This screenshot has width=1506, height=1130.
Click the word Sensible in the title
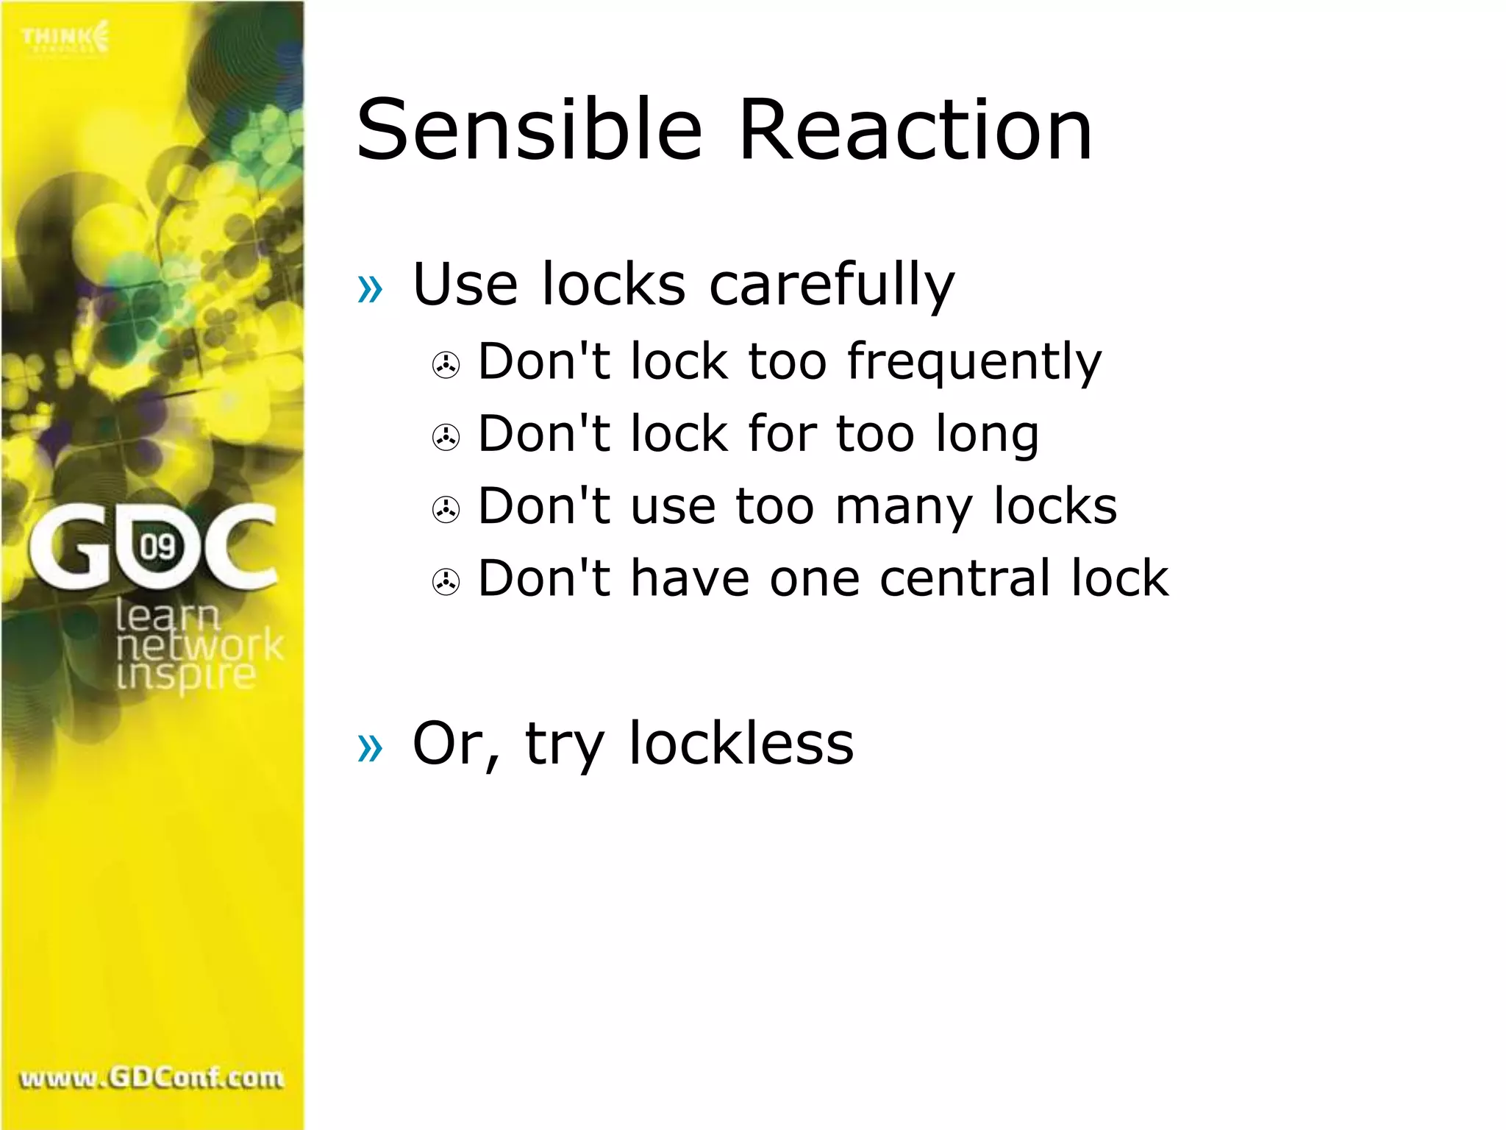coord(529,130)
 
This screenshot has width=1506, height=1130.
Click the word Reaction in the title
coord(915,130)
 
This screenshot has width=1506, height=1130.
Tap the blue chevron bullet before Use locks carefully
coord(370,288)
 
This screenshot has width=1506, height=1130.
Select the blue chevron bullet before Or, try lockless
coord(370,747)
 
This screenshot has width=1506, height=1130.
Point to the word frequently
coord(974,363)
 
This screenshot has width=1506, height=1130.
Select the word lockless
coord(741,744)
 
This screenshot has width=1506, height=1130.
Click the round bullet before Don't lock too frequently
coord(446,365)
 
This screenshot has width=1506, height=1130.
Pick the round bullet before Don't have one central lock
coord(446,582)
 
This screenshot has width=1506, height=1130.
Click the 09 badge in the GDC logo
coord(157,546)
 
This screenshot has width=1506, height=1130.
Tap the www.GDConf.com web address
coord(151,1078)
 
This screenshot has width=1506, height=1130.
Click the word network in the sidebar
coord(199,646)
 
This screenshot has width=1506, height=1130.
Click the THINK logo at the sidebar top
coord(65,38)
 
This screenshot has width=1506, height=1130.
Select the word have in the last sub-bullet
coord(690,578)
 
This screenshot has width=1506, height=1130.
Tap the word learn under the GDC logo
coord(168,615)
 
